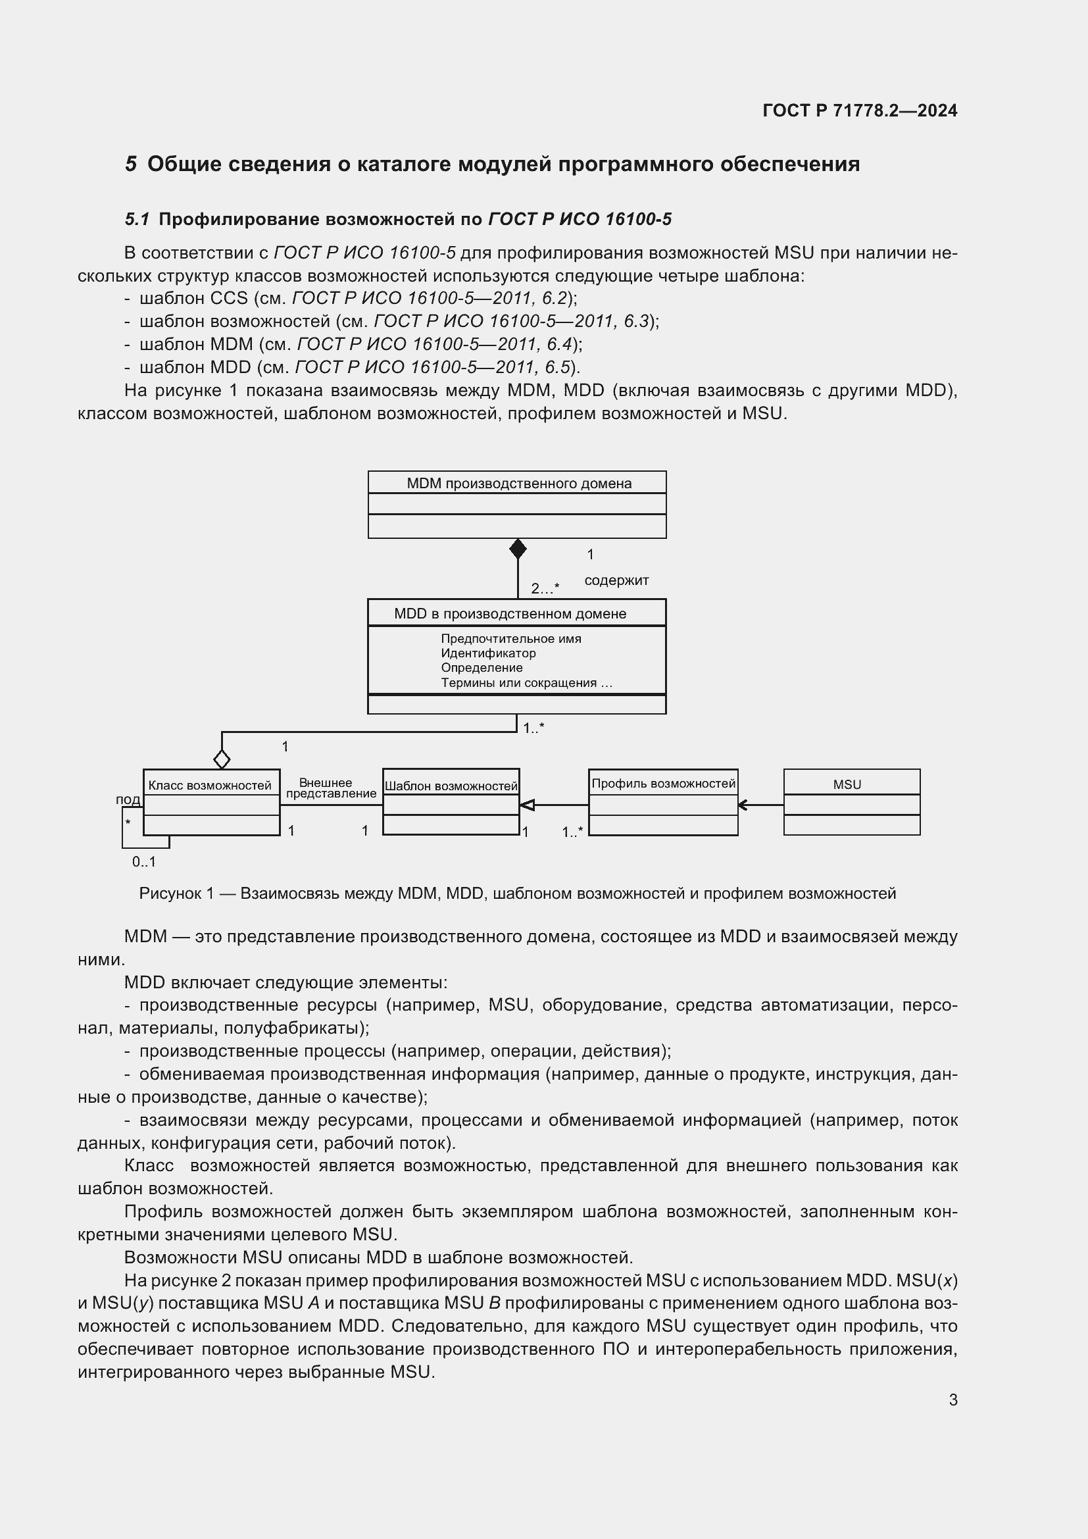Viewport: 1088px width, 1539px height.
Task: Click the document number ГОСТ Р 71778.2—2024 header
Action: (860, 111)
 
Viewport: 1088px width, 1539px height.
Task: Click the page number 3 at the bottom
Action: (952, 1400)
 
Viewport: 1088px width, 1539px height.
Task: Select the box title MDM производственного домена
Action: (518, 484)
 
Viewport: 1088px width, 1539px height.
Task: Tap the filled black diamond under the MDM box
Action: (517, 549)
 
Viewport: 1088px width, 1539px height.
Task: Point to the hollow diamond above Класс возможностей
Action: (222, 759)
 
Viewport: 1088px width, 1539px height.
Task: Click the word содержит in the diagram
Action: (616, 580)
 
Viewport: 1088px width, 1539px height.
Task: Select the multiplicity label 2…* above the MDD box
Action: (545, 588)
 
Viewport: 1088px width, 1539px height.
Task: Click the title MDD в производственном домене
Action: (510, 613)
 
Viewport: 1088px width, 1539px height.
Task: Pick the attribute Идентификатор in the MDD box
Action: (487, 653)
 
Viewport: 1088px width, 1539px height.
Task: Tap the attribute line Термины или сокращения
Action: (526, 683)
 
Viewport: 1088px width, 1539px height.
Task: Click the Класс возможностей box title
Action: (210, 785)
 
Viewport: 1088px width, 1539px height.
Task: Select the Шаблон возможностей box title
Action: (451, 786)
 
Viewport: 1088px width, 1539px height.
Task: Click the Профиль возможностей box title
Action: (663, 783)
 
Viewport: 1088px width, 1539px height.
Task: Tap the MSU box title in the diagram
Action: (847, 784)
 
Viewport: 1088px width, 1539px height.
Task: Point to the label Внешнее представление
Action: (330, 788)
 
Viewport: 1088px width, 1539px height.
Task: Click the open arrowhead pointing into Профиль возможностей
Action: (742, 805)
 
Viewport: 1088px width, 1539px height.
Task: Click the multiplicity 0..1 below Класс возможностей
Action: (143, 862)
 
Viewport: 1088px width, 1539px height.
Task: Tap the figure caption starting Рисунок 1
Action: (517, 894)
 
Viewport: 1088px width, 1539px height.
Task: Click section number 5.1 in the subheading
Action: (137, 219)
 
